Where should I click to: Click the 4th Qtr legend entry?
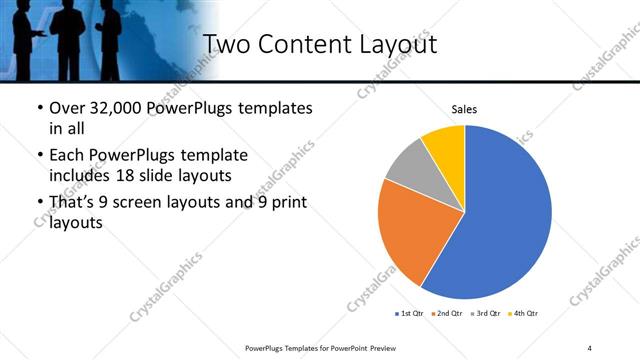525,314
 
